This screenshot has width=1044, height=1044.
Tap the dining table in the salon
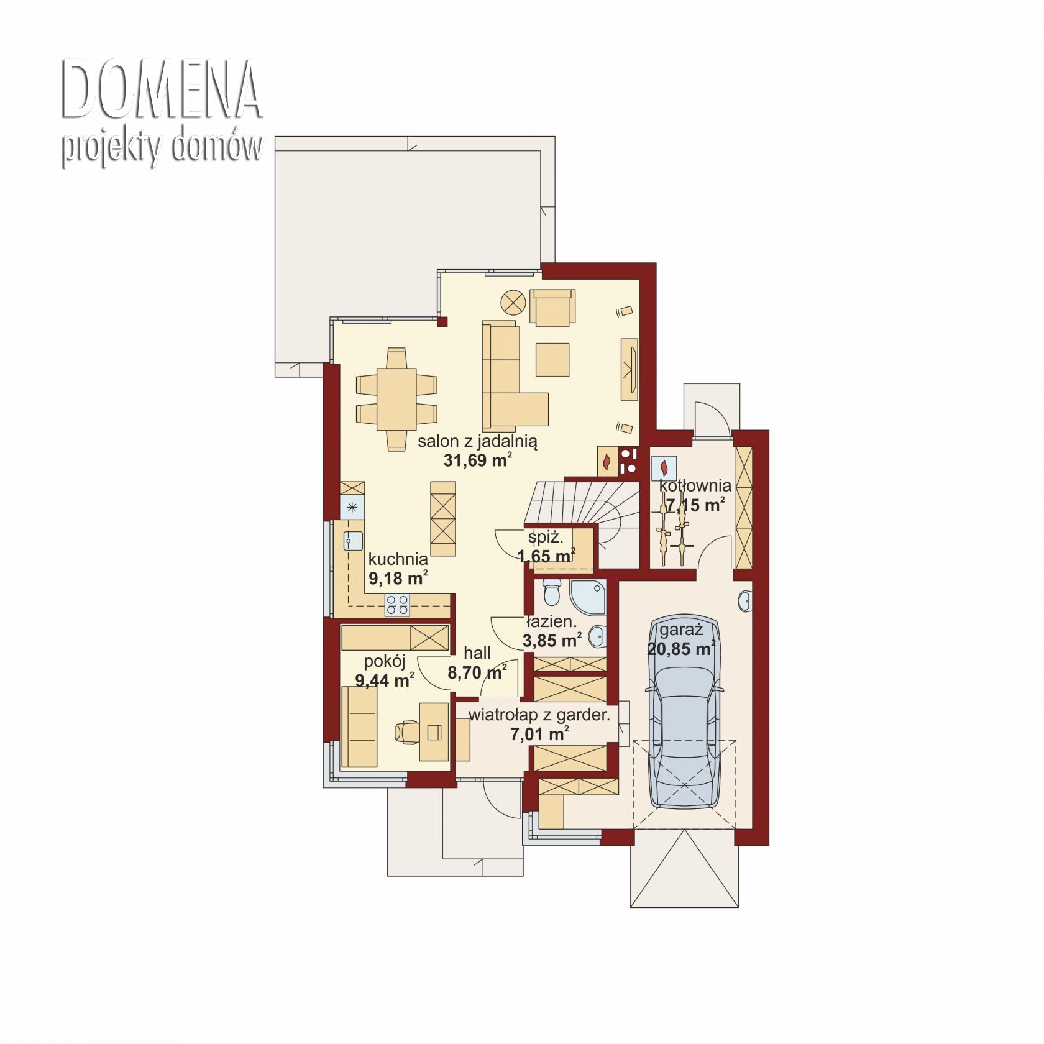396,399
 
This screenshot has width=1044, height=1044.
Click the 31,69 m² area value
478,460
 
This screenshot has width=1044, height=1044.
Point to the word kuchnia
398,559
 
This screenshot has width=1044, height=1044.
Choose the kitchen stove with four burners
398,605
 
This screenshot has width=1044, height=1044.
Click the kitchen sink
353,541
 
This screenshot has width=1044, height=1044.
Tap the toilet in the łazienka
551,592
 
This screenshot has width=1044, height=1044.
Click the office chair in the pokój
407,731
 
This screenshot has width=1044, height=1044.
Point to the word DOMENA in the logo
162,90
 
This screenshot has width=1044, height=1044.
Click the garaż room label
681,630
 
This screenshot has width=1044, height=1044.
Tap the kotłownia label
695,485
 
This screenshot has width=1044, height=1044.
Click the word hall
477,652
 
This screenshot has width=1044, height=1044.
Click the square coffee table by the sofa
552,360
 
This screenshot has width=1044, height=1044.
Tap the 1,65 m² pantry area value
547,556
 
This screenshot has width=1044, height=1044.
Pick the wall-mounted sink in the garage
746,601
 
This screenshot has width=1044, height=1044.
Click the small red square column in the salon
442,322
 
